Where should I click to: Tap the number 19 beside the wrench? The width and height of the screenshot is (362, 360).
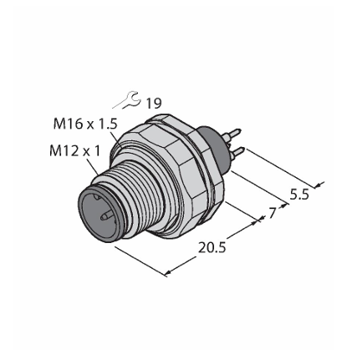click(x=154, y=104)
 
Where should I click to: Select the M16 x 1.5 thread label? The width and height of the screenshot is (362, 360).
click(x=85, y=124)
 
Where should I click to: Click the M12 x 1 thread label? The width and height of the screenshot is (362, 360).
click(x=74, y=151)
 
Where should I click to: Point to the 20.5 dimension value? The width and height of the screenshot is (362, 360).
click(x=212, y=247)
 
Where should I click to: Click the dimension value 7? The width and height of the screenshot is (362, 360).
click(x=272, y=213)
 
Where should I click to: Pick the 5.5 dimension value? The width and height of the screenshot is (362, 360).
click(x=299, y=195)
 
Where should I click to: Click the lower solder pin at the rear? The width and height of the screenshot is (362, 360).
click(x=237, y=152)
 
